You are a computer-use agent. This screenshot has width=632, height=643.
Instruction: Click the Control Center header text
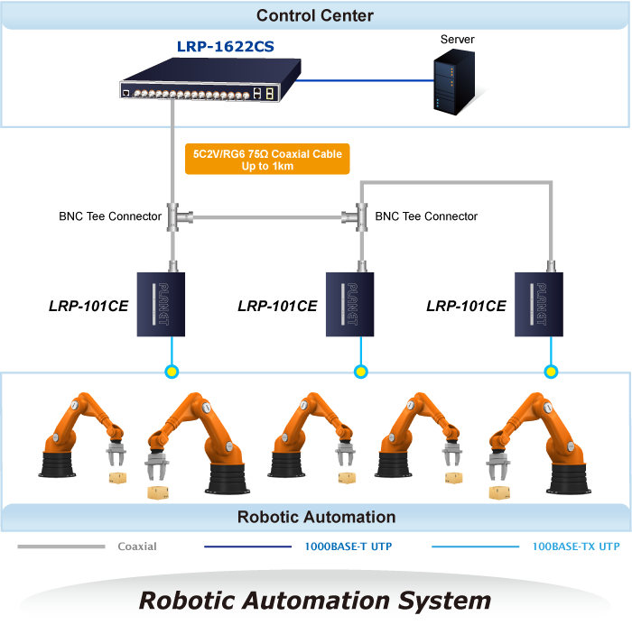314,15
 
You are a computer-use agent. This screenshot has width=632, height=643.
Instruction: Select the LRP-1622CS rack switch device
209,82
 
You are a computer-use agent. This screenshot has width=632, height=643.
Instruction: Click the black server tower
453,81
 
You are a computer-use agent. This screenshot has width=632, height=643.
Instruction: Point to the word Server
457,40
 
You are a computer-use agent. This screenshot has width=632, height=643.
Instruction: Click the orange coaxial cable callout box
267,161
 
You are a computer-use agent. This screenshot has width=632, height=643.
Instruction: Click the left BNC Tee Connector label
110,216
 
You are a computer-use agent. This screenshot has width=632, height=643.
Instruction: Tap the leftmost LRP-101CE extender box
162,303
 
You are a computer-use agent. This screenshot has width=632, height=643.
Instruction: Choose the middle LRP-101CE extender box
351,303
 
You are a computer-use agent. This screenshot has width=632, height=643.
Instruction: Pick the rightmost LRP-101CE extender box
540,303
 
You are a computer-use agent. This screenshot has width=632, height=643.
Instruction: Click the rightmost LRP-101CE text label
466,307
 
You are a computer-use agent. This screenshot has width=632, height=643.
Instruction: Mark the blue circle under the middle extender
361,371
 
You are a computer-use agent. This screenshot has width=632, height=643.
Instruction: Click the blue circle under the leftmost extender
172,371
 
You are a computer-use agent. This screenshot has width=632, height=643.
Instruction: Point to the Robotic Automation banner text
316,517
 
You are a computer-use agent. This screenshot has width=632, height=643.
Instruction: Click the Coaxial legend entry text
137,547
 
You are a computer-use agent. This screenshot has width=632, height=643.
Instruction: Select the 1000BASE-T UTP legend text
348,547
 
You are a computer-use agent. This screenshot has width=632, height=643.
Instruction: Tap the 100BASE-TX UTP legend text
576,547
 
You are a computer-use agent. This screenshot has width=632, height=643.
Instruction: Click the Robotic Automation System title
315,601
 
